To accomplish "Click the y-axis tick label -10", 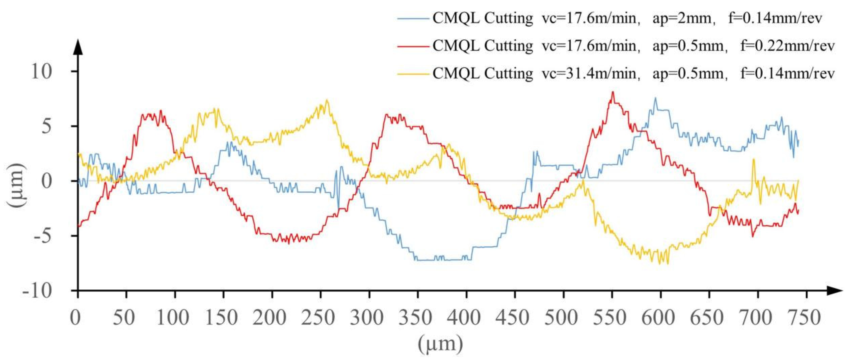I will tap(37, 291).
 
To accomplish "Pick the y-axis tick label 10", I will tap(42, 72).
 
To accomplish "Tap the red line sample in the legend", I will tap(413, 46).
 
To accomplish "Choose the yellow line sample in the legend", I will tap(413, 74).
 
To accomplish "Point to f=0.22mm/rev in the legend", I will tap(787, 46).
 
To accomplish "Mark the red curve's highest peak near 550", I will tap(613, 92).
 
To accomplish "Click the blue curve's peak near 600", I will tap(655, 98).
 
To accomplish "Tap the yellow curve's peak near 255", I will tap(327, 100).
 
